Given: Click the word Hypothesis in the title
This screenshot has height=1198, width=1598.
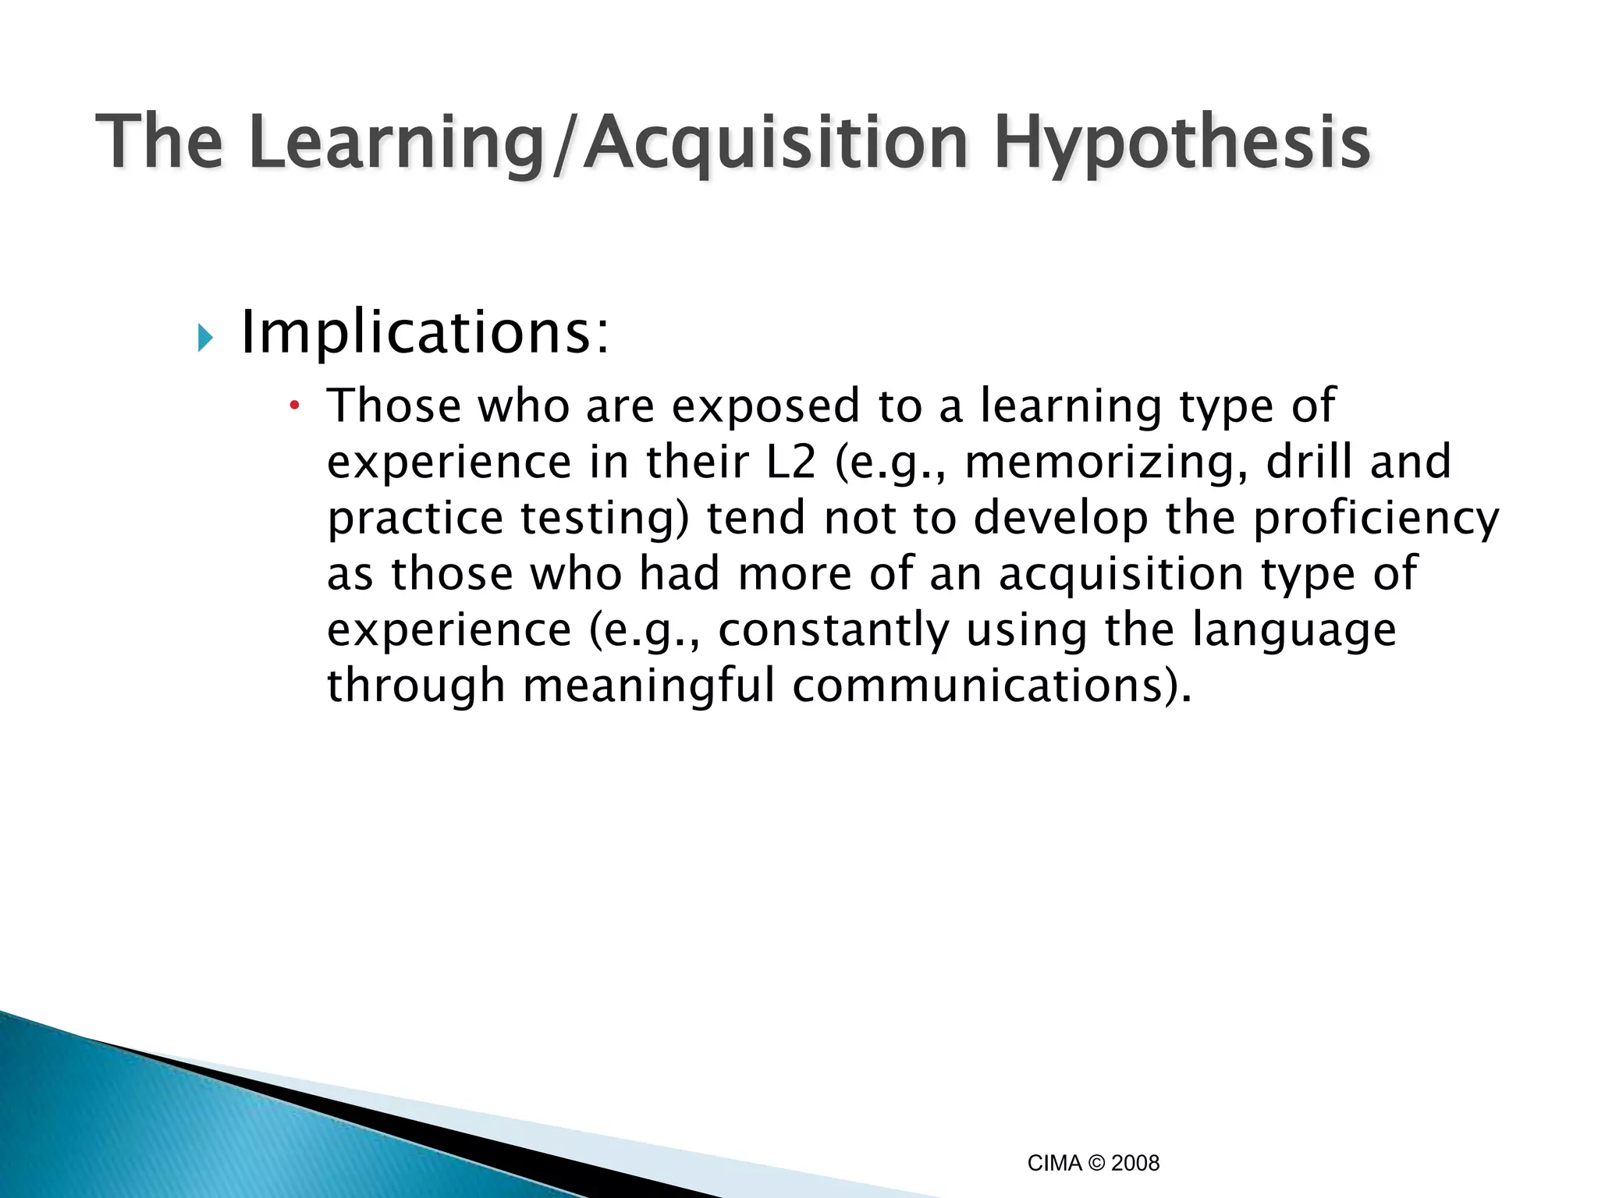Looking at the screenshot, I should (1181, 144).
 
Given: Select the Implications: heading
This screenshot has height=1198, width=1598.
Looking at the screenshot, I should (424, 334).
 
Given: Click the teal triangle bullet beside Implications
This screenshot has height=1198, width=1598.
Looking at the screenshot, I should (205, 338).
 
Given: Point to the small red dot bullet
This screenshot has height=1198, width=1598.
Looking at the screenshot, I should (294, 405).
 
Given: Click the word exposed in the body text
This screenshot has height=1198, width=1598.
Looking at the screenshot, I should (765, 406).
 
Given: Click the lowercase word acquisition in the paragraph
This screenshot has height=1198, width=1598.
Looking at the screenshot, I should (1121, 575).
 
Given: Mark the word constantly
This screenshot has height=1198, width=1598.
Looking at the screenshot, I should (833, 630).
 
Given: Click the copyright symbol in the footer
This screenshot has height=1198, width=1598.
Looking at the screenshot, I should (1097, 1163).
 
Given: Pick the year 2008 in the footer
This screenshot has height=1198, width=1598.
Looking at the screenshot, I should (1135, 1163).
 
